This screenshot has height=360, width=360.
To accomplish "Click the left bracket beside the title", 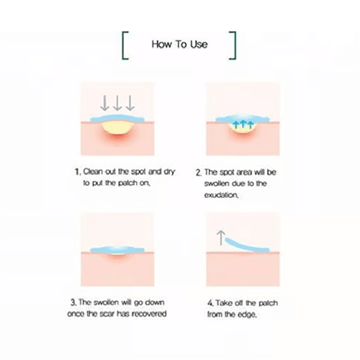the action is point(123,45).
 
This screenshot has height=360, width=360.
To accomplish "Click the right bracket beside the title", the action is point(235,45).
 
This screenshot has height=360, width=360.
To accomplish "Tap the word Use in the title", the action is point(199,45).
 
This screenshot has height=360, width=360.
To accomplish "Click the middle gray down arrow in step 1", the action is point(117,103).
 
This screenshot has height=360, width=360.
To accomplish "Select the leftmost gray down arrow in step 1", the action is point(104,103).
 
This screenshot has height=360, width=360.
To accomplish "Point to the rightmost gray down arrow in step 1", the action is point(130,103).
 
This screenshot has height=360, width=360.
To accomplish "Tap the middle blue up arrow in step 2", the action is point(243,124).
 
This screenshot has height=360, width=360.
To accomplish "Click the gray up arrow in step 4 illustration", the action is point(221,238).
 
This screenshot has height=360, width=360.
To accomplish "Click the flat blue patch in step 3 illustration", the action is point(117,250).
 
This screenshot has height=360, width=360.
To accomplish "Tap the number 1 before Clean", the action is point(77,172).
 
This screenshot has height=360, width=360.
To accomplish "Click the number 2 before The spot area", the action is point(199,173).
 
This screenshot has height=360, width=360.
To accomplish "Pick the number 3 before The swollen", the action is point(73,302).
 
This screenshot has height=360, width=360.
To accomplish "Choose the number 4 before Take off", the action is point(210,303).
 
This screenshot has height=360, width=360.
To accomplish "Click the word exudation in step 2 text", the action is point(221,195).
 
